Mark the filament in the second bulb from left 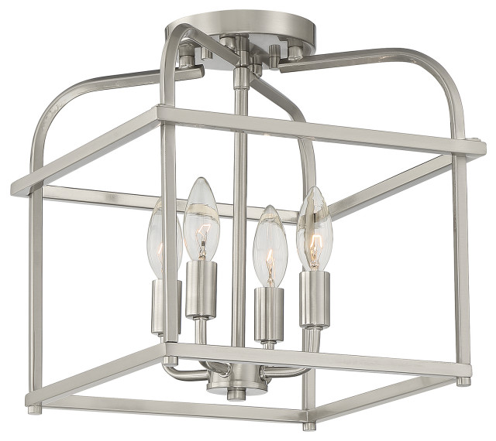point(201,241)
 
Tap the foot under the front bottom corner point(308,425)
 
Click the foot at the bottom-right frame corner point(463,381)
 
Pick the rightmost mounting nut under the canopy point(295,53)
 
